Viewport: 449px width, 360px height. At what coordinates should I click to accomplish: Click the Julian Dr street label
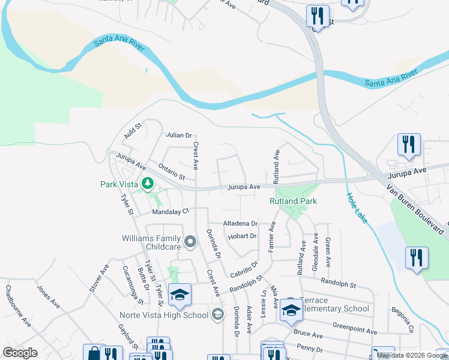click(x=179, y=136)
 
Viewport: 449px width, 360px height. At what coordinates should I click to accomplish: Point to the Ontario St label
click(x=172, y=171)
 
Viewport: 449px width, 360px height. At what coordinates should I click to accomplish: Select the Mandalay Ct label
click(x=170, y=211)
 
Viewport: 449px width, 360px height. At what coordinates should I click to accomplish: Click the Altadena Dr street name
click(x=240, y=223)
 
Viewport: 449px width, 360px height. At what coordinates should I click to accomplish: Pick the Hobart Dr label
click(x=243, y=236)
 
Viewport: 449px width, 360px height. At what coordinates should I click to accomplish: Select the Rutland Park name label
click(x=292, y=202)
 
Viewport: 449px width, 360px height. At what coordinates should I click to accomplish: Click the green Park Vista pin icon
click(x=146, y=184)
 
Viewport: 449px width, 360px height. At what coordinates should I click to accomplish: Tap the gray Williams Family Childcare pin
click(x=190, y=242)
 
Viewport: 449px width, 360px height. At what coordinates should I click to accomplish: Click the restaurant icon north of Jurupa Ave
click(x=409, y=145)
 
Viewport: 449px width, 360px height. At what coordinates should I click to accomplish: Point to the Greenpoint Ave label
click(x=355, y=329)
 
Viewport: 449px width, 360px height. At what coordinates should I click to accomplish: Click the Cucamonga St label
click(x=131, y=284)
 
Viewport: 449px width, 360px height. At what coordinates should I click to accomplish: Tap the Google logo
click(x=20, y=353)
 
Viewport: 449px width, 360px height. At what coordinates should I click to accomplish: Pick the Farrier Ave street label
click(x=272, y=236)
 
